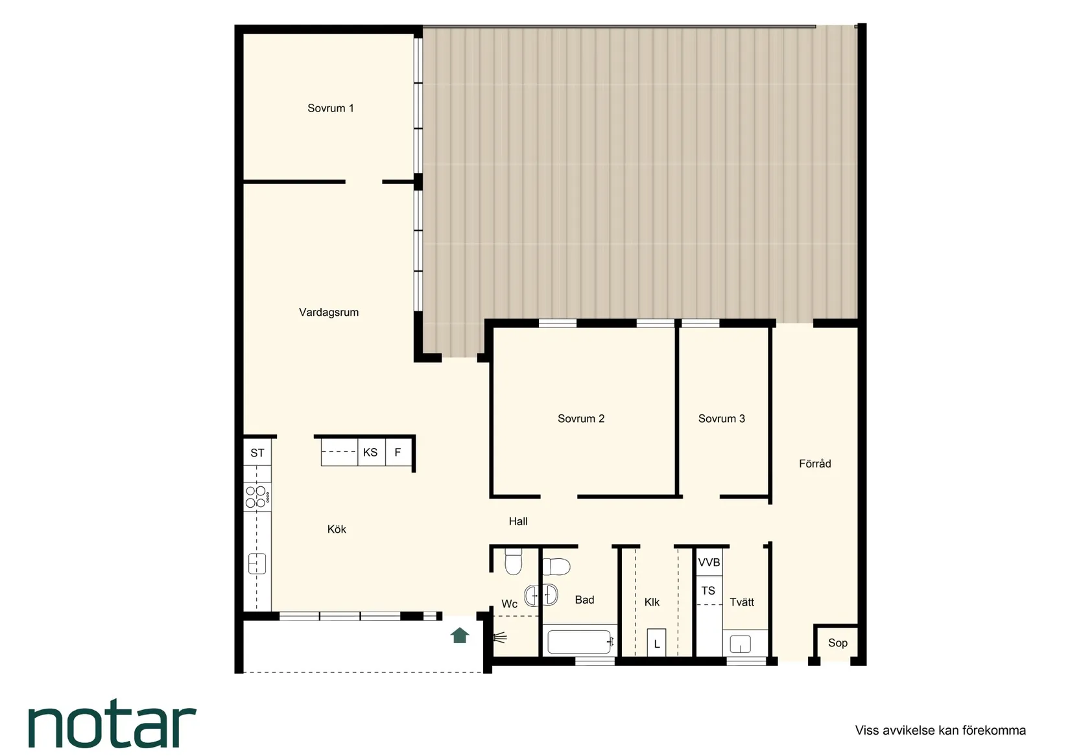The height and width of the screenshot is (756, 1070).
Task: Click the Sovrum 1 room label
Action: (x=331, y=108)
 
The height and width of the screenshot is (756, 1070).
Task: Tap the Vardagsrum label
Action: (x=329, y=313)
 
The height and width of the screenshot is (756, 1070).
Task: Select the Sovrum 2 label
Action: (x=581, y=419)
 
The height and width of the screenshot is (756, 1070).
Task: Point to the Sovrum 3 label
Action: (x=721, y=419)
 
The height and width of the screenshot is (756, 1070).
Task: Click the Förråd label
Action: (x=815, y=463)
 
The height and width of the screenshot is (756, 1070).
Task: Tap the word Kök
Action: (x=337, y=529)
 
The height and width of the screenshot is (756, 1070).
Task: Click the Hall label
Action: (x=517, y=521)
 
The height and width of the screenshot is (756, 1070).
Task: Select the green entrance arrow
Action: (x=460, y=635)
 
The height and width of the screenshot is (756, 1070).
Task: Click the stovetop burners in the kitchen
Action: (x=257, y=497)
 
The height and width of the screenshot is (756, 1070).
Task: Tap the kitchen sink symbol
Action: (x=257, y=563)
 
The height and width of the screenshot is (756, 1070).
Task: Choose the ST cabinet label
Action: (x=257, y=453)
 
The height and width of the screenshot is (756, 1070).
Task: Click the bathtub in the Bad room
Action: (x=580, y=642)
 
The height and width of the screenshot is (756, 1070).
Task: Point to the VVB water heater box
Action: (x=709, y=562)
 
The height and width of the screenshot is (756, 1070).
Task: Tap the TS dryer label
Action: (x=708, y=591)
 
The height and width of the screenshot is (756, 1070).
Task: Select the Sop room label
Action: (x=838, y=643)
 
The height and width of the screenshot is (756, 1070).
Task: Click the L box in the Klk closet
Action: (x=656, y=643)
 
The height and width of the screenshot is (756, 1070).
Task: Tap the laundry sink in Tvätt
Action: (x=741, y=644)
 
